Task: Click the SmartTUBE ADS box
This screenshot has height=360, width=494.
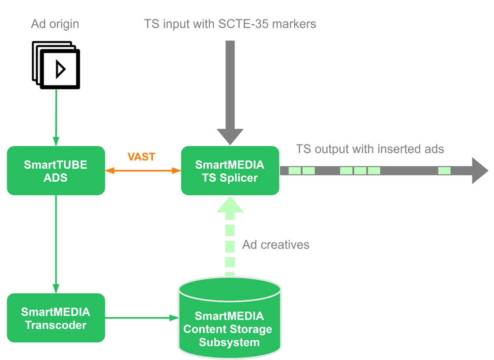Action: (x=56, y=171)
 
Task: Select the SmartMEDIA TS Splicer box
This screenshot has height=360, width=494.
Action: (x=230, y=171)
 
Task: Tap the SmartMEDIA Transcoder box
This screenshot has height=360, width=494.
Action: (x=56, y=318)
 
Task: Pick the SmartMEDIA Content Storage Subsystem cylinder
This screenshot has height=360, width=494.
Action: (x=229, y=321)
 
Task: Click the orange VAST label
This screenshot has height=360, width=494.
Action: (x=141, y=157)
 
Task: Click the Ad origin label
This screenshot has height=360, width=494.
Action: (x=55, y=24)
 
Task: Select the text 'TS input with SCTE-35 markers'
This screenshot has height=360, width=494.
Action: (x=230, y=23)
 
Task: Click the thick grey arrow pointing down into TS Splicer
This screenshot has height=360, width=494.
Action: (x=230, y=91)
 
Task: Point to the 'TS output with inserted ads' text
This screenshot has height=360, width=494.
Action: (x=370, y=149)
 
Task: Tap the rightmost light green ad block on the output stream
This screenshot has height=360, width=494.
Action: (x=444, y=171)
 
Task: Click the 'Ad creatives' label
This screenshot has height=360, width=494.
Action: (x=275, y=245)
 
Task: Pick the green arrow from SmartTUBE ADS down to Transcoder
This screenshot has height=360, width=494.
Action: (x=56, y=243)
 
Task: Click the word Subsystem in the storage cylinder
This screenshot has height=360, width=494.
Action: (x=229, y=342)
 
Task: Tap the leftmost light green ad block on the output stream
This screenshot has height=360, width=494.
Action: (x=294, y=171)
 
